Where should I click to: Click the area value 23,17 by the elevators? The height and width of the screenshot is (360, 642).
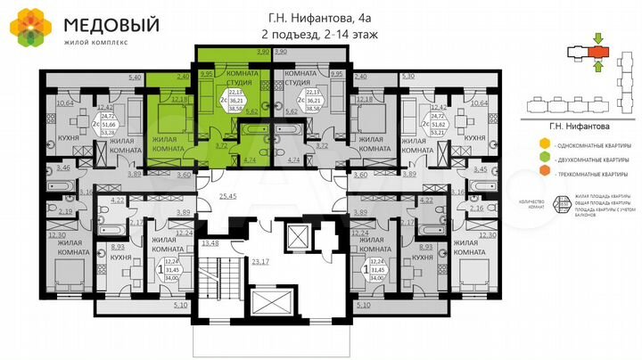pos(260,261)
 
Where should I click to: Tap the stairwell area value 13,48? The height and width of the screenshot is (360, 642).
pos(211,242)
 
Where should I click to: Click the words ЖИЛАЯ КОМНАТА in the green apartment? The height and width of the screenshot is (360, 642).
pos(160,141)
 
